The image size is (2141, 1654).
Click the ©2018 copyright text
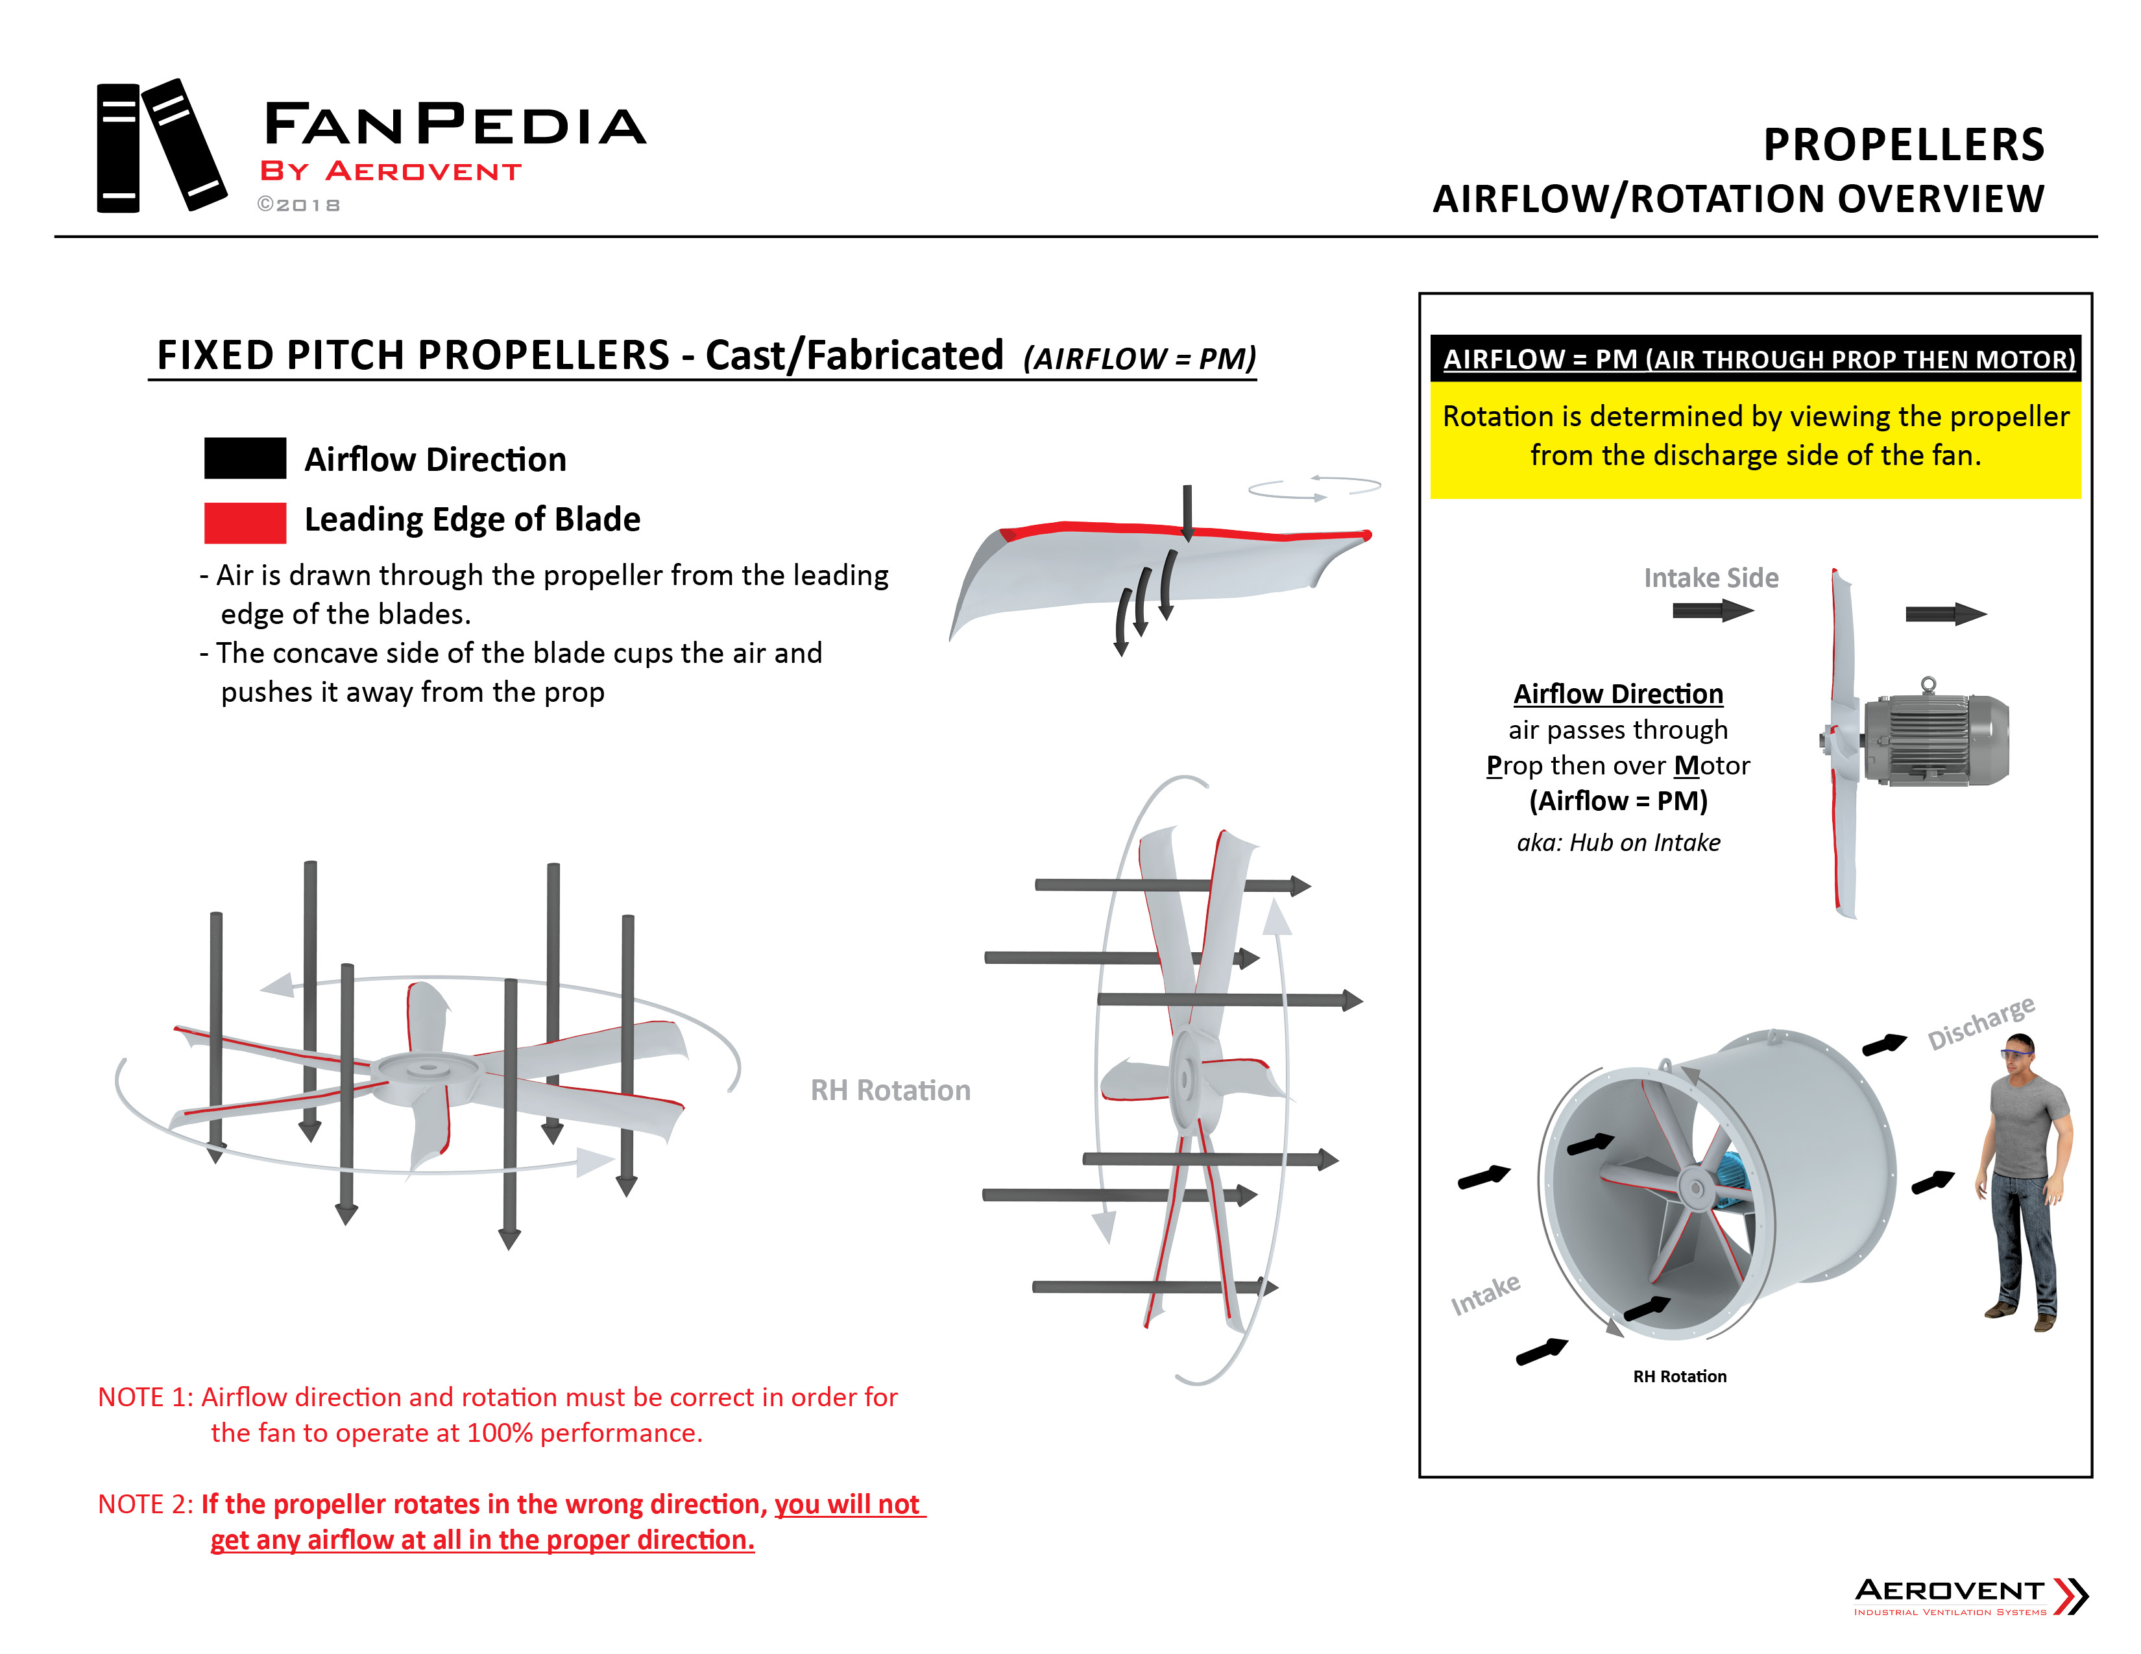[x=299, y=205]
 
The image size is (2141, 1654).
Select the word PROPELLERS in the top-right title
[x=1903, y=145]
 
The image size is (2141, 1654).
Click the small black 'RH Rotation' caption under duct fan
[x=1678, y=1376]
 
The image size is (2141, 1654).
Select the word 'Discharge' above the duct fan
[x=1980, y=1022]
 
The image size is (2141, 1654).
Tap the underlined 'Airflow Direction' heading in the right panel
[x=1617, y=694]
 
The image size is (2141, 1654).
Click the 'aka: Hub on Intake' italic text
[x=1617, y=843]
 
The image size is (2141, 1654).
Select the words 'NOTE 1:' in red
[x=145, y=1397]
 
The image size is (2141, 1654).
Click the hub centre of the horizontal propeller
[x=424, y=1068]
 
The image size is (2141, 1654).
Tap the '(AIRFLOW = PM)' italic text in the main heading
[x=1139, y=359]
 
